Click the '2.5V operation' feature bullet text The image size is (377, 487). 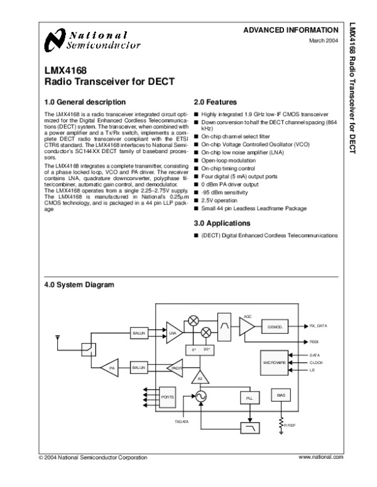[x=220, y=200]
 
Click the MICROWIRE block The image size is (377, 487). [x=277, y=362]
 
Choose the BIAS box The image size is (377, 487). [x=280, y=395]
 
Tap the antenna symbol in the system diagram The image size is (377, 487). [x=58, y=340]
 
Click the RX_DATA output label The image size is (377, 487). [x=320, y=326]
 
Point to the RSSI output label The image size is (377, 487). [x=314, y=341]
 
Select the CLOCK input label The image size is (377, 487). [x=316, y=363]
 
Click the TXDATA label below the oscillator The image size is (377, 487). [x=182, y=421]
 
